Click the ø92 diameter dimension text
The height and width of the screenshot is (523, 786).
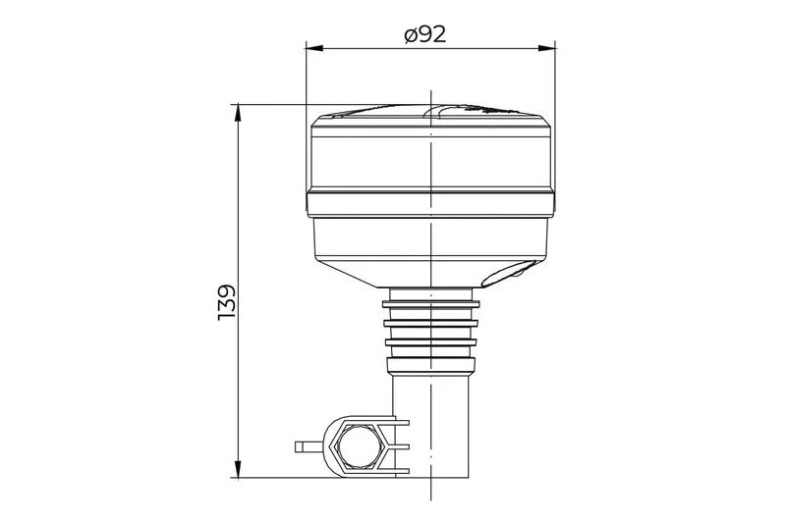click(x=425, y=34)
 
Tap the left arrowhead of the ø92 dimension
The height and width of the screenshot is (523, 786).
click(x=312, y=47)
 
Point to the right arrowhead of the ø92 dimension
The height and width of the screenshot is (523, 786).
click(x=549, y=47)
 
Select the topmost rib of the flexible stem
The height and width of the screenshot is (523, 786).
click(x=432, y=304)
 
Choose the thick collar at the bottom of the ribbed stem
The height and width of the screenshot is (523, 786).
click(x=432, y=365)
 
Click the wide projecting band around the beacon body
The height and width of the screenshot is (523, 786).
click(x=432, y=204)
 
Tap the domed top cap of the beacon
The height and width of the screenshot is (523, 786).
click(x=432, y=113)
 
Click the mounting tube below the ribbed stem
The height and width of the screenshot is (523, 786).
click(x=432, y=417)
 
